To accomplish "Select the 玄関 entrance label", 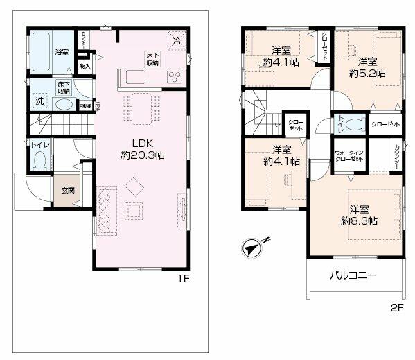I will [x=67, y=190].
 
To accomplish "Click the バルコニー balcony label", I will [x=353, y=275].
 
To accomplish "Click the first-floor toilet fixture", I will [x=39, y=160].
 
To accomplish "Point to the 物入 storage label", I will [x=85, y=67].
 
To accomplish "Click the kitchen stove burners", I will [x=174, y=76].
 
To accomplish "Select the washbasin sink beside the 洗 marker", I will [x=64, y=105].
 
